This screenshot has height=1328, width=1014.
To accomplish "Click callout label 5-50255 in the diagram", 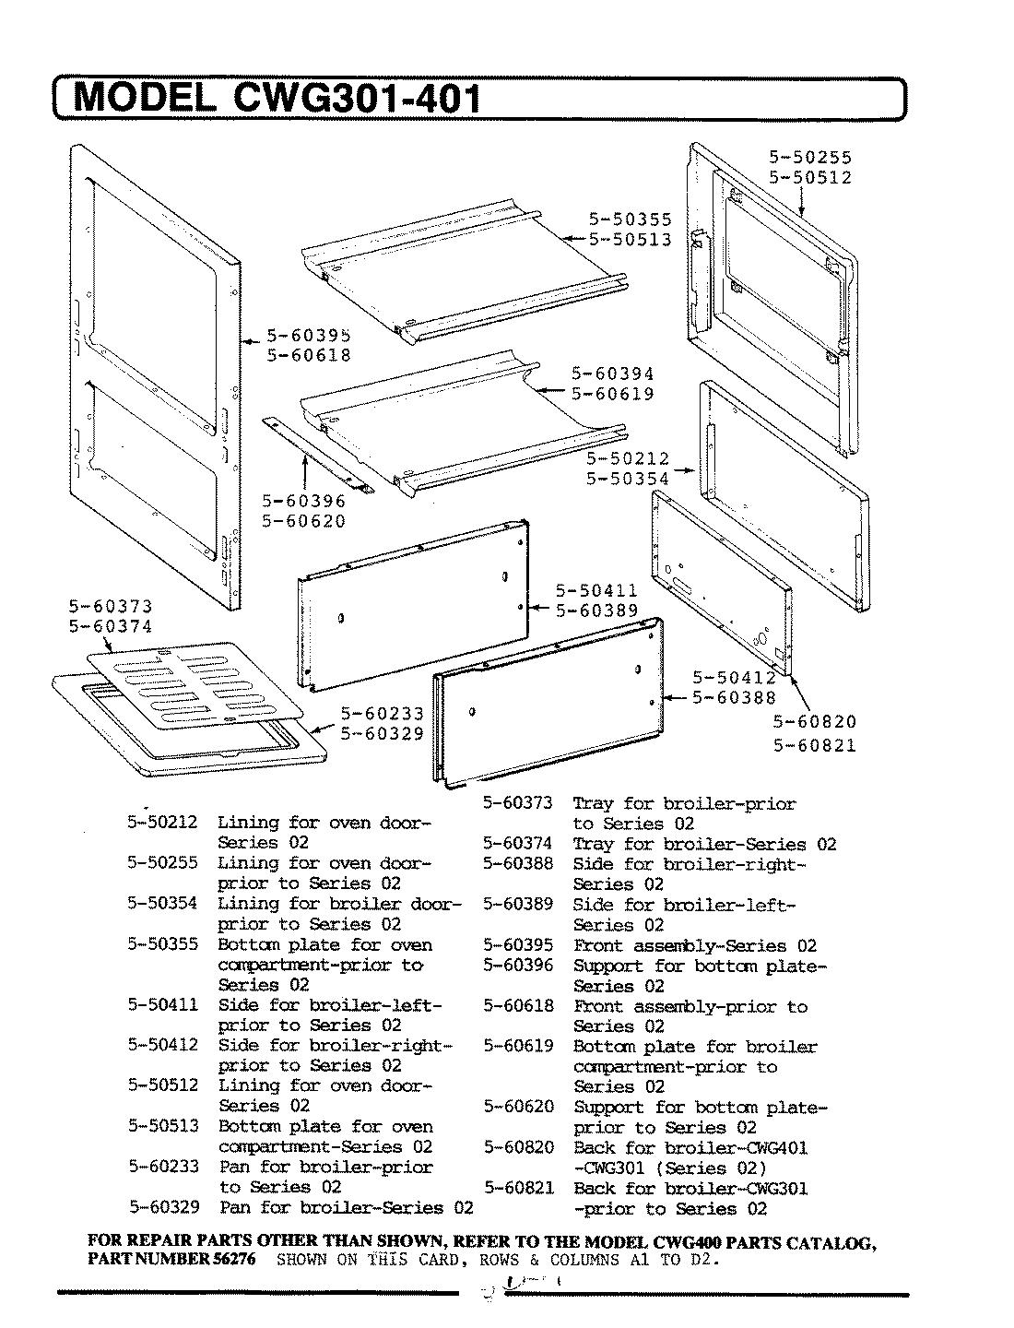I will (810, 158).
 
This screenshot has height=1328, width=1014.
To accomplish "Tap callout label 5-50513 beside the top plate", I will (631, 240).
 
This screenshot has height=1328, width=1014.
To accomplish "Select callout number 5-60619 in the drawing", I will (612, 394).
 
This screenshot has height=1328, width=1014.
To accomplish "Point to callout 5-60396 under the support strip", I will (304, 501).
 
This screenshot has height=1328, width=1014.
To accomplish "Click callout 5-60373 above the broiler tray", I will (111, 607).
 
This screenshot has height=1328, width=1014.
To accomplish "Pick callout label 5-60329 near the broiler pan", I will (383, 734).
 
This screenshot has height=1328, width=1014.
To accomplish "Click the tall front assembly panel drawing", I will (152, 378).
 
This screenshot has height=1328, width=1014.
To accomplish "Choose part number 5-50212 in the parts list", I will (162, 822).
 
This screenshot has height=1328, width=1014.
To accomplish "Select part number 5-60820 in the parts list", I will (518, 1147).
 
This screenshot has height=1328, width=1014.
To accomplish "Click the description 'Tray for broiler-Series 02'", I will (704, 844).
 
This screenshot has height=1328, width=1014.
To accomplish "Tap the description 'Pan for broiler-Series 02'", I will (346, 1208).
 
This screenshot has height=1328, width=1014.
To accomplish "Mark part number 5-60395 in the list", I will (518, 945).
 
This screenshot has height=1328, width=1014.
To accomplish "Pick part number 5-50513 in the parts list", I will (162, 1126).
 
